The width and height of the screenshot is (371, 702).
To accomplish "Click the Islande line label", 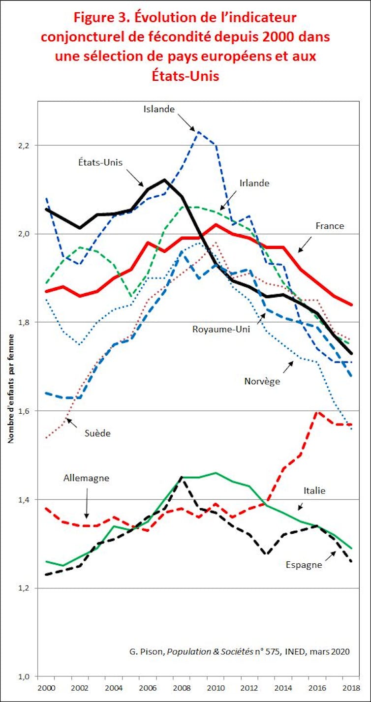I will (x=159, y=109).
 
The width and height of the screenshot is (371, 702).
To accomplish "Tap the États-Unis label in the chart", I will (x=100, y=162).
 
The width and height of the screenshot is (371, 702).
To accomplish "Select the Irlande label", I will (x=254, y=183).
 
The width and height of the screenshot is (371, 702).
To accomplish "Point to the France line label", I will (x=330, y=226).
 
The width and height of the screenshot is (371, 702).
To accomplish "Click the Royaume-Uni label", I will (x=221, y=329).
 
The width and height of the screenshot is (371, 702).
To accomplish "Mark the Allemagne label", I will (x=86, y=478).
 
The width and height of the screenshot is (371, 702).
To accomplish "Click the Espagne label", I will (x=304, y=565).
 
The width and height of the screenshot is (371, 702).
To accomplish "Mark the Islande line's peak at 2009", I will (x=198, y=132).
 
